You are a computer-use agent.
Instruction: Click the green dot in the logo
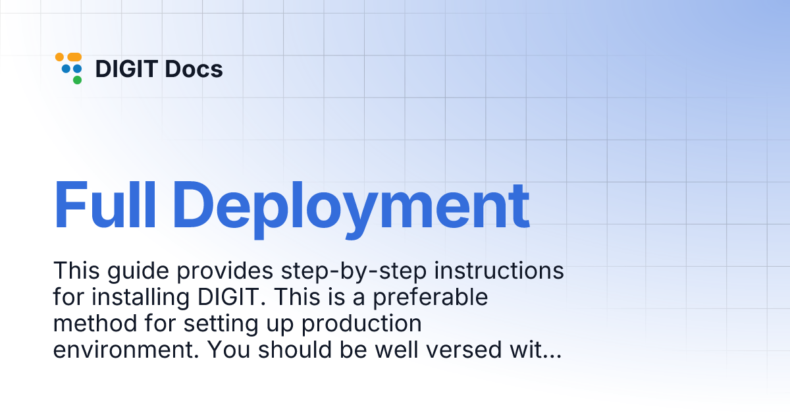coord(77,80)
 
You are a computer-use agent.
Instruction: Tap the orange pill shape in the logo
coord(74,57)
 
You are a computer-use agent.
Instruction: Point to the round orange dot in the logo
coord(59,57)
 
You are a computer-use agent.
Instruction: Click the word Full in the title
coord(104,204)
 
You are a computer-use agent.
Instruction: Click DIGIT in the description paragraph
coord(230,297)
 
